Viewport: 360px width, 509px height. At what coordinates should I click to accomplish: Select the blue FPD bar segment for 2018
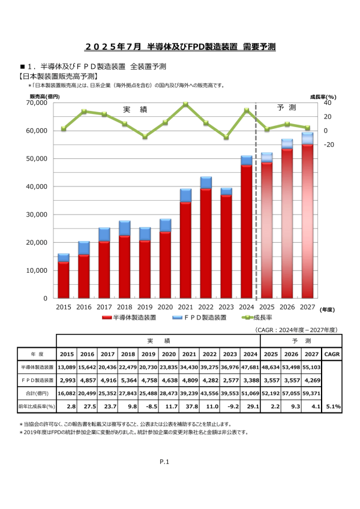pos(124,228)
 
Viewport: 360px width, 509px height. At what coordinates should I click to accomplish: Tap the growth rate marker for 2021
pos(185,104)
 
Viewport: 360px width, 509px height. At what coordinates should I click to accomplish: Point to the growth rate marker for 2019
pos(145,137)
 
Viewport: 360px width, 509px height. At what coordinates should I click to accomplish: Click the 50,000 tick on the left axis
pos(38,158)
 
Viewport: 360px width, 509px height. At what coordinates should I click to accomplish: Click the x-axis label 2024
pos(247,306)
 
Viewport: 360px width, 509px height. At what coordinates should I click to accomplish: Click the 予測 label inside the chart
pos(287,108)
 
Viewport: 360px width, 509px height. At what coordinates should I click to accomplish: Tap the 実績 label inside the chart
pos(134,110)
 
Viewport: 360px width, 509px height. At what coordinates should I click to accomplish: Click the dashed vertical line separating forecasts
pos(256,198)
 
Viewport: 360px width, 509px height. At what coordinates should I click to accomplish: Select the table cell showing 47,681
pos(246,366)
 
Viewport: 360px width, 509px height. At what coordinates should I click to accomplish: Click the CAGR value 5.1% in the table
pos(332,406)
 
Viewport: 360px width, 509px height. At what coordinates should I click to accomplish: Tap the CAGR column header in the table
pos(332,354)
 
